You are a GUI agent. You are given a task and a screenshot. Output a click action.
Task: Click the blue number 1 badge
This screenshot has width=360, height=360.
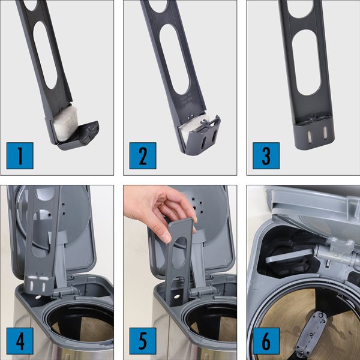tap(20, 155)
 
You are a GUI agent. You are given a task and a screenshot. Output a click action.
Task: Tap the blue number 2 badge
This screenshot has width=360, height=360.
tap(143, 155)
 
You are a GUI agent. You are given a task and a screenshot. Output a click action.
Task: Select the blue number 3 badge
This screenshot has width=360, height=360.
tap(266, 155)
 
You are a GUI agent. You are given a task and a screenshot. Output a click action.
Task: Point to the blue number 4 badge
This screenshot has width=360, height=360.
tap(20, 341)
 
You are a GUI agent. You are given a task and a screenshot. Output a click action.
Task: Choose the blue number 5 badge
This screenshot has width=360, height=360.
tap(143, 341)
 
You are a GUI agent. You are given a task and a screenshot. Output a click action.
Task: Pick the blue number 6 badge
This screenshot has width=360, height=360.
tap(266, 341)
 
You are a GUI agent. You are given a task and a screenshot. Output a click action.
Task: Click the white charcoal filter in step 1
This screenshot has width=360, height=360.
tap(66, 123)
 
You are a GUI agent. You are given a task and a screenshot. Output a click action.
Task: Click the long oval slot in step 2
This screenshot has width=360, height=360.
tap(175, 59)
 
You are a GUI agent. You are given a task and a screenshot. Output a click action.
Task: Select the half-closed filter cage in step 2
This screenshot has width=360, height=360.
tap(202, 136)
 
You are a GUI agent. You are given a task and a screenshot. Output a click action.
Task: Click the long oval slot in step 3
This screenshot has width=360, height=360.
tap(306, 62)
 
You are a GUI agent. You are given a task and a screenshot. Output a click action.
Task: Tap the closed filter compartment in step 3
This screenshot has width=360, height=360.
tap(314, 135)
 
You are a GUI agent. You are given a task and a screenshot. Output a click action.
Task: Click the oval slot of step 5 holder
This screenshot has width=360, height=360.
tap(180, 253)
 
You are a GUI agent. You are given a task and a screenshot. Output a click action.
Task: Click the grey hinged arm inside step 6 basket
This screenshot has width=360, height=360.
tap(311, 334)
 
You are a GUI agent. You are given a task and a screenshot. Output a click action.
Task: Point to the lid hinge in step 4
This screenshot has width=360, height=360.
tap(66, 292)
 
